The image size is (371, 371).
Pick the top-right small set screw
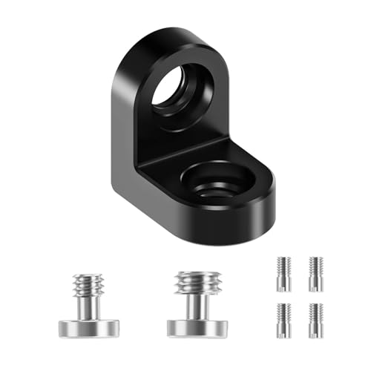pos(315,274)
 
